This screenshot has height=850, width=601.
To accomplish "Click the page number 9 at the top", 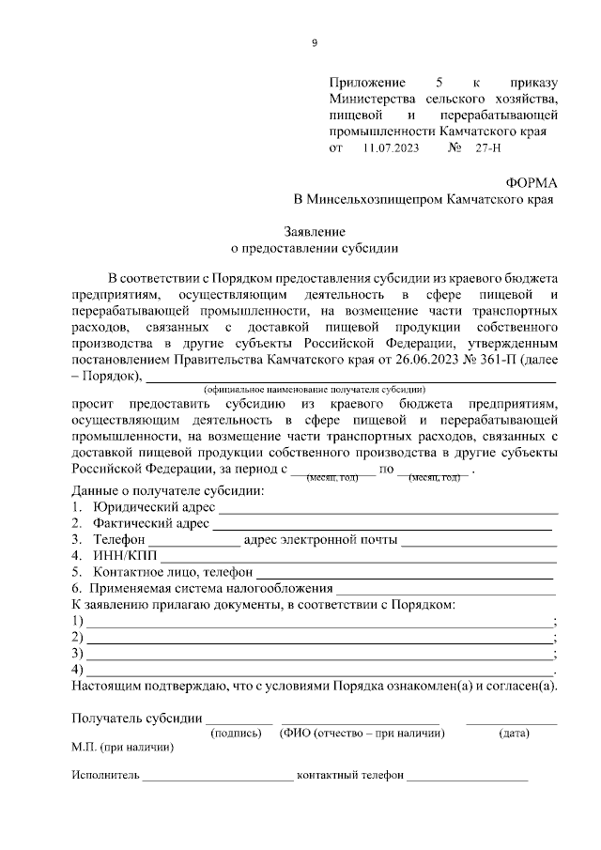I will point(315,42).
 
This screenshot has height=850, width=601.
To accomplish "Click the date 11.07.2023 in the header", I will point(389,148).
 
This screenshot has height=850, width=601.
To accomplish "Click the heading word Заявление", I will point(315,231).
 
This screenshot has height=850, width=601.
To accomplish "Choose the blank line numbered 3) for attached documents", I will point(319,655).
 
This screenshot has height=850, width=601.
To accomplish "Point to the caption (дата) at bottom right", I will point(514,734).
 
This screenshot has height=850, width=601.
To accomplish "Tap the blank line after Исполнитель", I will point(217,780).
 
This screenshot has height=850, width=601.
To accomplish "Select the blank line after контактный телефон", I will point(468,780).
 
